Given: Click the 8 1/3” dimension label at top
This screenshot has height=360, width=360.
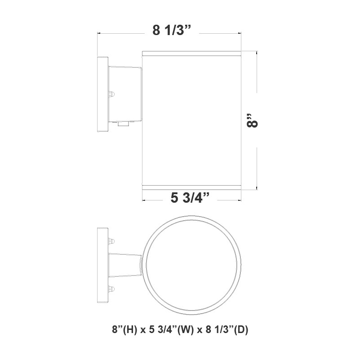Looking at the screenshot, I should [x=172, y=31].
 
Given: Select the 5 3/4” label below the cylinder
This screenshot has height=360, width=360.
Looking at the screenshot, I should [x=191, y=197].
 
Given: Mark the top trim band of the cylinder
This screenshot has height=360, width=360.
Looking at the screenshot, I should [x=192, y=54].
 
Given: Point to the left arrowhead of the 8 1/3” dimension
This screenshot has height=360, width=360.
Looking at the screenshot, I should [x=100, y=33].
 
